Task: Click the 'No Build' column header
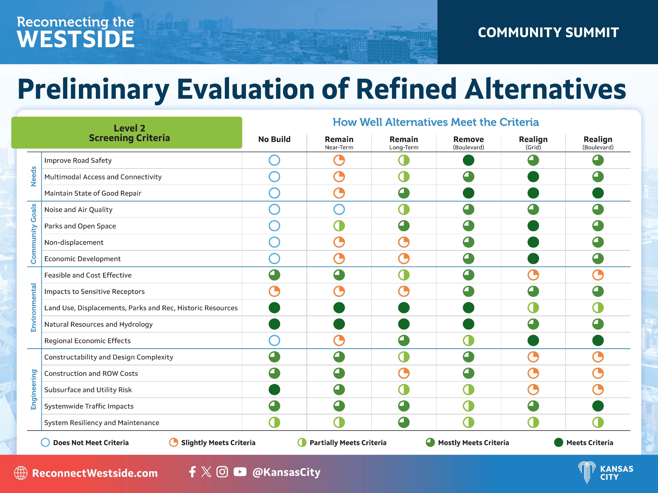click(274, 139)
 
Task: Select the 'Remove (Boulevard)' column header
click(469, 142)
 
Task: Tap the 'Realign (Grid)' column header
click(533, 142)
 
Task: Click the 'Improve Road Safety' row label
click(78, 160)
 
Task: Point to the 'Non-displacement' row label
click(74, 242)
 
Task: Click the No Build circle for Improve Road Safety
click(274, 160)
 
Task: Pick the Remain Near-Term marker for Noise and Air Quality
click(339, 209)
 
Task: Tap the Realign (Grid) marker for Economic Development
click(533, 259)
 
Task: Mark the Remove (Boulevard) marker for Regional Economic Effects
click(469, 340)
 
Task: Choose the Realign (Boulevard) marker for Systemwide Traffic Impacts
click(598, 406)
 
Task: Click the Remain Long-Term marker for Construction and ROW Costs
click(404, 373)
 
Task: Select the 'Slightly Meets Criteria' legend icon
click(173, 442)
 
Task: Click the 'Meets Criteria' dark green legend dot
click(558, 442)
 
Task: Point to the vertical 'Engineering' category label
click(34, 389)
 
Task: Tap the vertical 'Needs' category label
click(34, 176)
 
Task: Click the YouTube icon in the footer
click(240, 472)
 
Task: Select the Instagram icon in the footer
click(222, 472)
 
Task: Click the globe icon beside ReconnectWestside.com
click(21, 473)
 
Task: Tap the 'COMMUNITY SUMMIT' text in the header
click(548, 32)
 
